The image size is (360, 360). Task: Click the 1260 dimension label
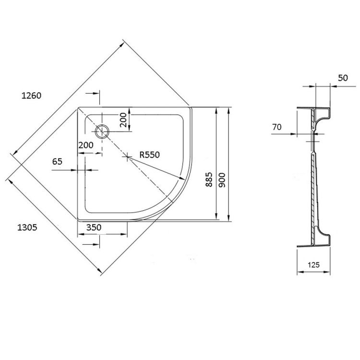(31, 96)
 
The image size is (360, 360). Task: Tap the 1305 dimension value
(27, 228)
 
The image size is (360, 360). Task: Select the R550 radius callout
(149, 155)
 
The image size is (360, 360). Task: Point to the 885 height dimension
(209, 180)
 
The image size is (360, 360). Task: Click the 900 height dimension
(222, 180)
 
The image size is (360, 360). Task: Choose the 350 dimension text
(94, 228)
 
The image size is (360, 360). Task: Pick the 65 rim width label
(57, 162)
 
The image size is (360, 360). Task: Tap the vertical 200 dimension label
(123, 120)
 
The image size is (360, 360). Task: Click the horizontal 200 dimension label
(86, 145)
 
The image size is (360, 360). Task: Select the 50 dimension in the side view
(343, 78)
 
